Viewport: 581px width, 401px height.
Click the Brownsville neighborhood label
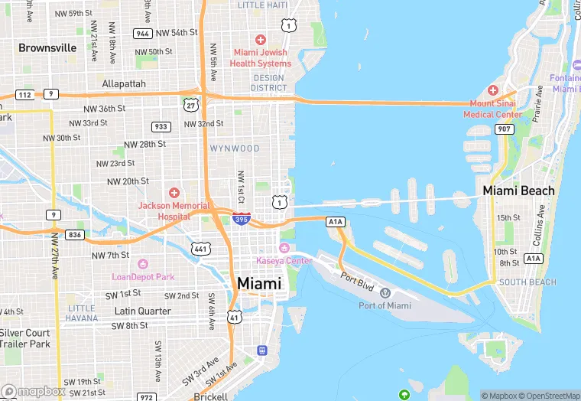47,47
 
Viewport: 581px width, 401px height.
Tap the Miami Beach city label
518,191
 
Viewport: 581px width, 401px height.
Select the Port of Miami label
385,305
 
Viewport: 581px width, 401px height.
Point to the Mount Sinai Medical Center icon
492,90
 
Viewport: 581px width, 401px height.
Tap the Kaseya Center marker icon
284,248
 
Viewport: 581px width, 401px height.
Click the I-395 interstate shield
241,219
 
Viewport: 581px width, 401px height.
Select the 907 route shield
503,129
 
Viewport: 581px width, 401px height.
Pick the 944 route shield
141,34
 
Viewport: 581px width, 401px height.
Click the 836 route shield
74,235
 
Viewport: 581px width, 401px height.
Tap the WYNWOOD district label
235,148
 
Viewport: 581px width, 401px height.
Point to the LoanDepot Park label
144,276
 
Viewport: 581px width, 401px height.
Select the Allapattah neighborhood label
124,83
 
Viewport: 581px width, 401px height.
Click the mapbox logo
33,391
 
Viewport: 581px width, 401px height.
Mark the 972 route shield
147,396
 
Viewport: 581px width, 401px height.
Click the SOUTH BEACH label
527,282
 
